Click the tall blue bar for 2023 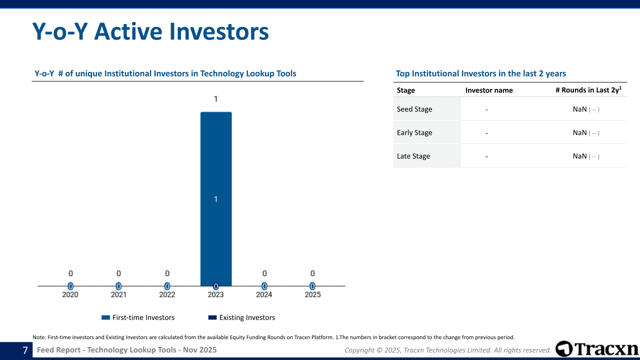(x=216, y=199)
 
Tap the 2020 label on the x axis (x=70, y=294)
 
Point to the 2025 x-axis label (x=312, y=294)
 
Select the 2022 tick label (x=167, y=294)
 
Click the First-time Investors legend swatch (x=105, y=317)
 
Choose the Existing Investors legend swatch (x=212, y=317)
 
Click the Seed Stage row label (x=414, y=109)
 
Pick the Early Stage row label (x=414, y=132)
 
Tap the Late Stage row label (x=413, y=156)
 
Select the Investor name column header (x=489, y=90)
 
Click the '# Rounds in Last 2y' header (x=588, y=89)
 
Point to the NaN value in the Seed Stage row (x=579, y=109)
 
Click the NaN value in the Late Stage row (x=579, y=156)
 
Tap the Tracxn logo (x=596, y=348)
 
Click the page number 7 (x=25, y=350)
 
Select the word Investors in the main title (x=219, y=31)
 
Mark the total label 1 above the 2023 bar (x=215, y=99)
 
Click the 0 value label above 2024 (x=264, y=273)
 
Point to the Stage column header (x=405, y=90)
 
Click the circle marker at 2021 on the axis (x=118, y=286)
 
